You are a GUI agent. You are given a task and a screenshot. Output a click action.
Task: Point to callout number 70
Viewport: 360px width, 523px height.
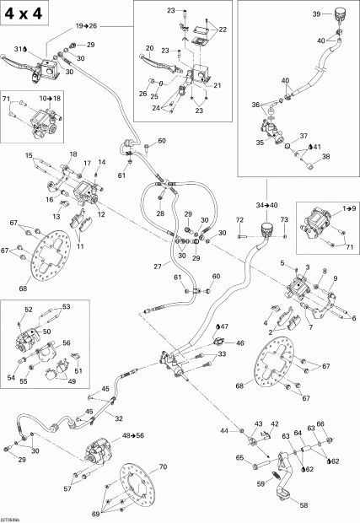(164, 466)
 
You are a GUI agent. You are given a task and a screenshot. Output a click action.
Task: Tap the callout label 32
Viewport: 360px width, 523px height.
(119, 418)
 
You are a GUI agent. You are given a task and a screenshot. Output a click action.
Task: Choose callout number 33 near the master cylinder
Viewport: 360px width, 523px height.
(199, 355)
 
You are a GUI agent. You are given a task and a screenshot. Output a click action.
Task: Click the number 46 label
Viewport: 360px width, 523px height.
(240, 343)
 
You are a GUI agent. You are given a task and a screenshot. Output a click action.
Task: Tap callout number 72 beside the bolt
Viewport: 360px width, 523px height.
(239, 220)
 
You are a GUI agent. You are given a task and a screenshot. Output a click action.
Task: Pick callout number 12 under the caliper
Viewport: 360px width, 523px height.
(102, 215)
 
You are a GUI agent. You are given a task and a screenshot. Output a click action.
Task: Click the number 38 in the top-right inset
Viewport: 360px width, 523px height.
(326, 156)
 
